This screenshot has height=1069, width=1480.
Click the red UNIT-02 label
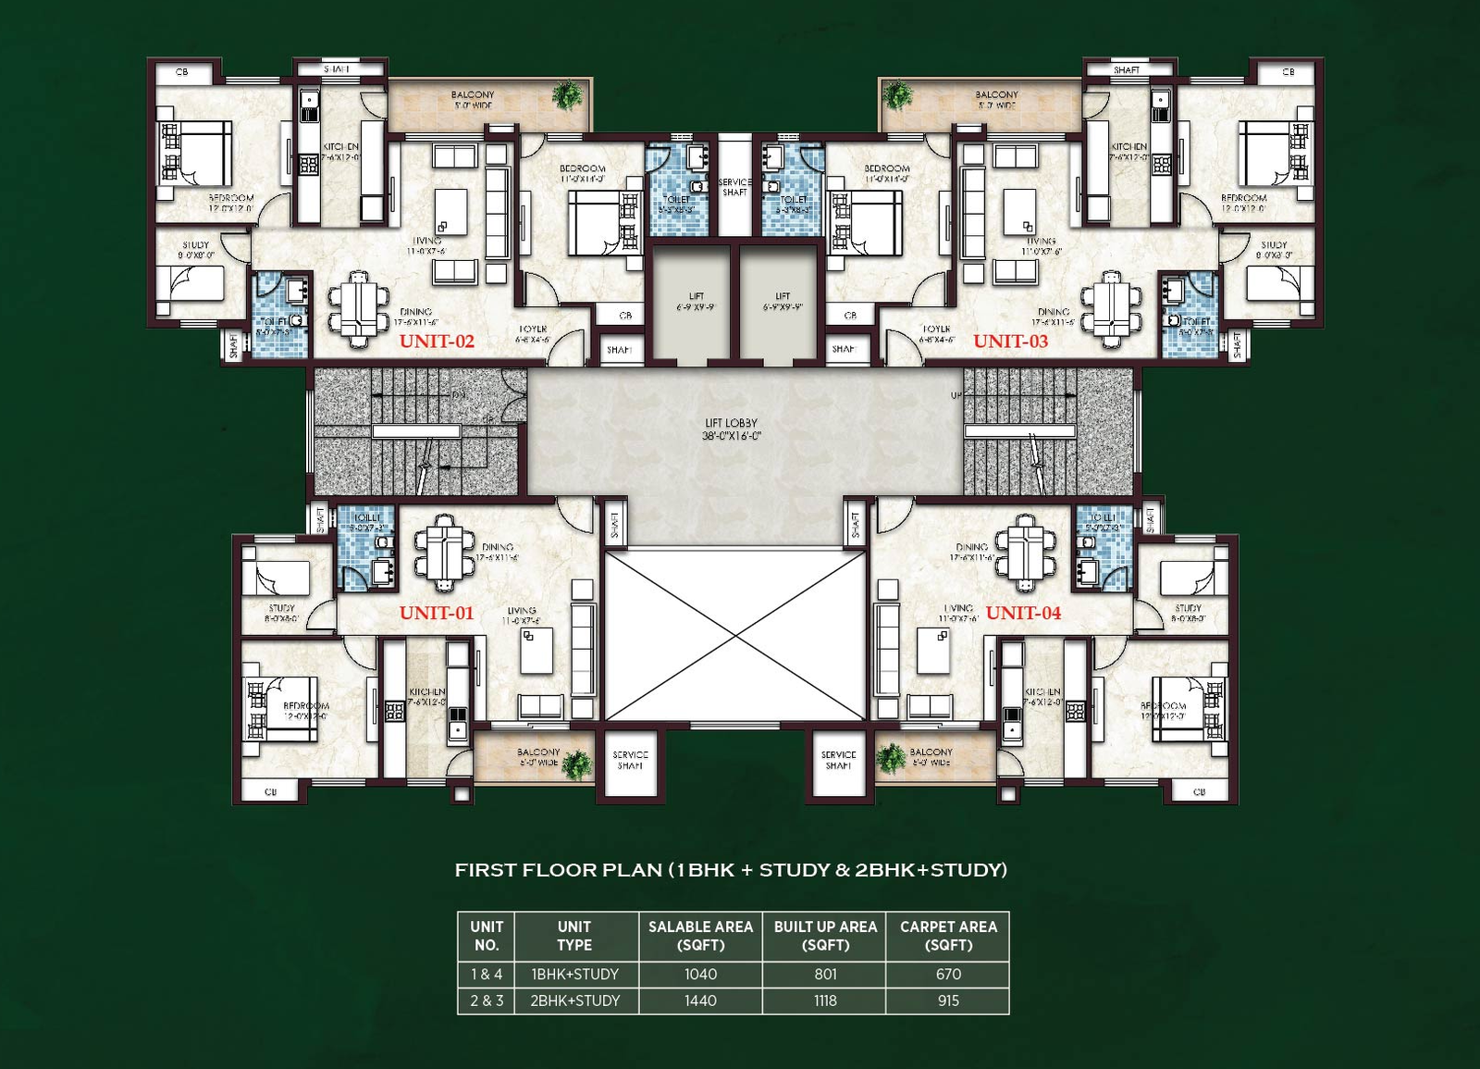point(437,341)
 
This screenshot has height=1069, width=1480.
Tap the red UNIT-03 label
point(1010,341)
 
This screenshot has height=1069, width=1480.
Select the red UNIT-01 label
point(437,613)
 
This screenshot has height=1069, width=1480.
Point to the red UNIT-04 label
point(1023,613)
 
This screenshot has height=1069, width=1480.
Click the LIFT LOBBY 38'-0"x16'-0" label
point(731,429)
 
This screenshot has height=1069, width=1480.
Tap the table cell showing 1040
point(700,974)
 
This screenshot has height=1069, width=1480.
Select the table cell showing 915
point(948,1001)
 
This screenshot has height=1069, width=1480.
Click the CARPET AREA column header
point(948,935)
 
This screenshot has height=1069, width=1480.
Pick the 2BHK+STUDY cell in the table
point(574,1001)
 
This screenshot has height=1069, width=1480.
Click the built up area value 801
point(825,974)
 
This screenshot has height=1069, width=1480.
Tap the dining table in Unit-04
point(1025,553)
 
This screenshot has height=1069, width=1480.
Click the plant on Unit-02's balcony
point(567,94)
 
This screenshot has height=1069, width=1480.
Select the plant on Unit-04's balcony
point(892,758)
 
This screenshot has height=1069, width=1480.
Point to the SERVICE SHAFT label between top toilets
point(734,187)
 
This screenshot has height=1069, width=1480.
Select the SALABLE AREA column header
point(700,935)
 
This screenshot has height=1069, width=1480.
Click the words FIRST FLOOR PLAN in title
point(558,870)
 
